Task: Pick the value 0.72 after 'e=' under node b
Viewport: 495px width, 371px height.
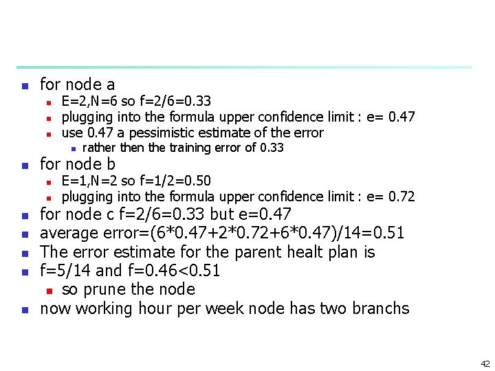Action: coord(401,196)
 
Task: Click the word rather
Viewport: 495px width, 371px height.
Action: coord(98,148)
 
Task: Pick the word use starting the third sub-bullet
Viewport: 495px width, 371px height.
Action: coord(72,132)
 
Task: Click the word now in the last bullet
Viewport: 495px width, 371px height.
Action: coord(55,308)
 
